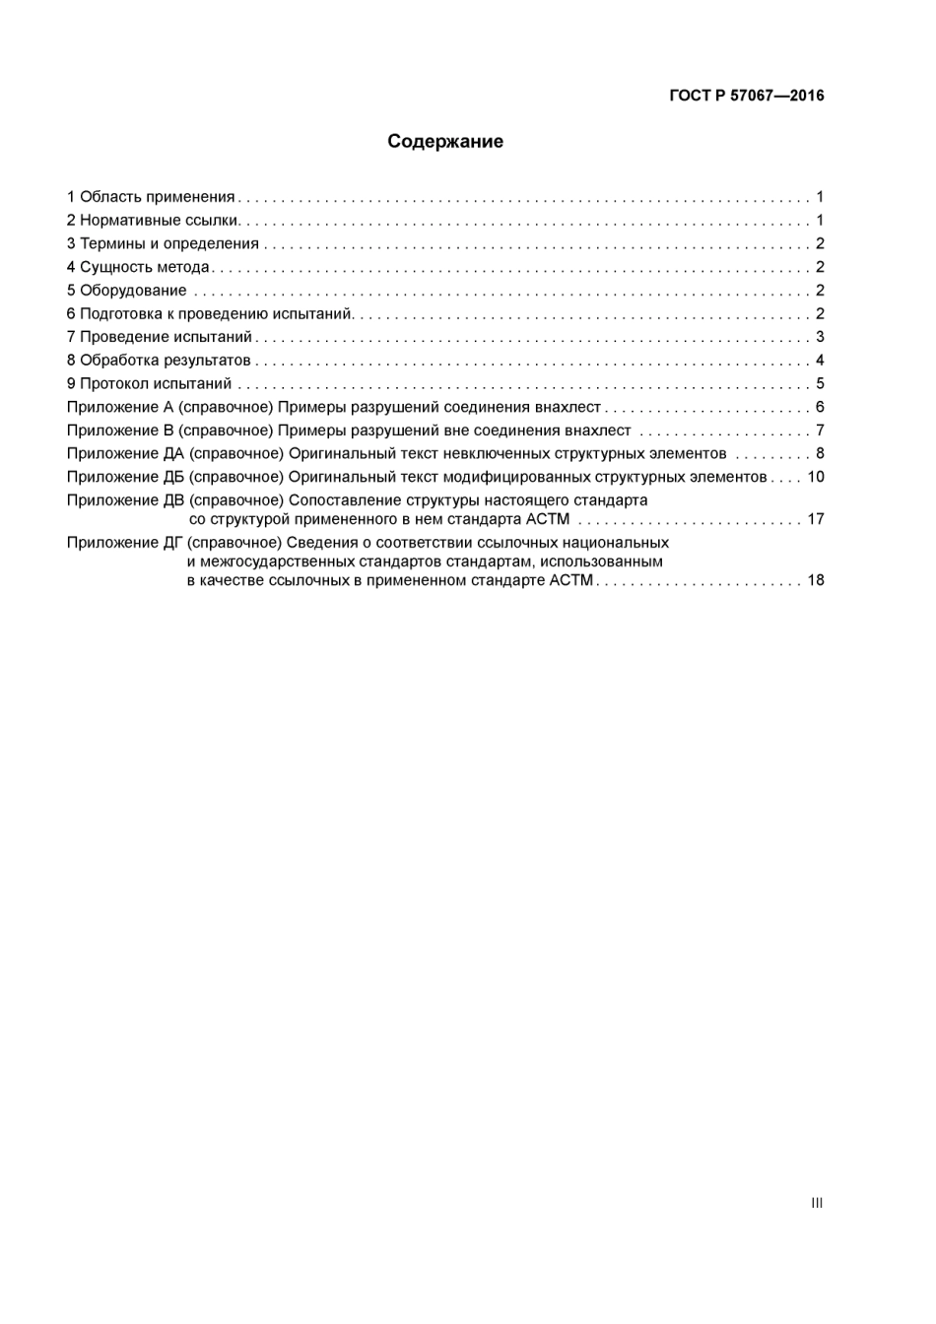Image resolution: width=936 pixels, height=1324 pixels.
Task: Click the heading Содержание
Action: [444, 142]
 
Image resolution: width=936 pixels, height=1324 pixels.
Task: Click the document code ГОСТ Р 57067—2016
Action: [746, 96]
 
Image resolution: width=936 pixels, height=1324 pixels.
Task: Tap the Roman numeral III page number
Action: [816, 1203]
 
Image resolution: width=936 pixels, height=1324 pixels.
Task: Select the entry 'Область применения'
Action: [157, 197]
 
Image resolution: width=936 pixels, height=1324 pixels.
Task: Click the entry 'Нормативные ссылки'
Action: [159, 221]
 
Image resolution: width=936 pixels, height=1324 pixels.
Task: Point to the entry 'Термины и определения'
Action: [168, 244]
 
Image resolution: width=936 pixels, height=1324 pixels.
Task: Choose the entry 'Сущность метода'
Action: [144, 267]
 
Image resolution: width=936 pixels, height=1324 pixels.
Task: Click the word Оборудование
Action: [133, 291]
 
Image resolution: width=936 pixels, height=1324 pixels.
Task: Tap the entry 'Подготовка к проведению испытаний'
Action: [216, 314]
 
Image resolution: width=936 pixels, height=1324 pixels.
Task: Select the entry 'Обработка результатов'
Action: [165, 361]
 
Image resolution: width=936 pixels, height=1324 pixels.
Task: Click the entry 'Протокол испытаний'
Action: [156, 384]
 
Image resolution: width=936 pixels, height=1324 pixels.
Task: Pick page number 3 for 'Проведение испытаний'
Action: [820, 338]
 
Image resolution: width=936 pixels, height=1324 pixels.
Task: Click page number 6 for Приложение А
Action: [820, 408]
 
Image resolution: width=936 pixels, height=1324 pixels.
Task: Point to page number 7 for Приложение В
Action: [820, 430]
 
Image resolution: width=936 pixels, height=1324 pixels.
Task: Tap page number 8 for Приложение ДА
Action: [820, 454]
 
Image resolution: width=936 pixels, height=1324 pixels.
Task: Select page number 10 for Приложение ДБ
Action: [816, 477]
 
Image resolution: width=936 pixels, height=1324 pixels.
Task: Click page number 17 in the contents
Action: [816, 519]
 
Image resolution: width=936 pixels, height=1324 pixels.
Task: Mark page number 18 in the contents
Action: [816, 580]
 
